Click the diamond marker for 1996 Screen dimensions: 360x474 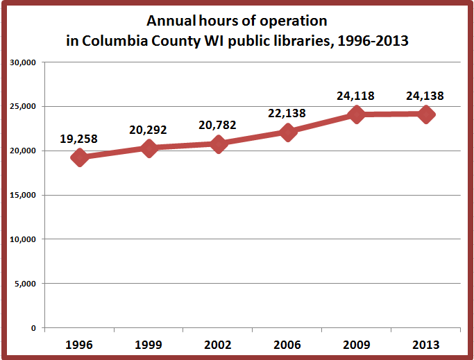[79, 157]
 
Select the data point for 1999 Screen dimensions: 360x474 [149, 148]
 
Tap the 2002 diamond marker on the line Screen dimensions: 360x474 [218, 144]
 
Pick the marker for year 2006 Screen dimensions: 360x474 [287, 132]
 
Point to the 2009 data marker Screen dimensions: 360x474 [357, 114]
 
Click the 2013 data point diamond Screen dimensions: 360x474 [426, 114]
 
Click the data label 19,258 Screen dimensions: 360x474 [78, 139]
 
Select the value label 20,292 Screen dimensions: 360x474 [147, 128]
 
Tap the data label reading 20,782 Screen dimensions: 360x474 [217, 125]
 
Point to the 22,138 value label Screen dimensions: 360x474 [286, 112]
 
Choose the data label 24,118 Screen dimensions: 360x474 [355, 96]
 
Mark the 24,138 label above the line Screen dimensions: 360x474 [425, 96]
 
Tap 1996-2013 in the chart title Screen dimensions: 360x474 [375, 41]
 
